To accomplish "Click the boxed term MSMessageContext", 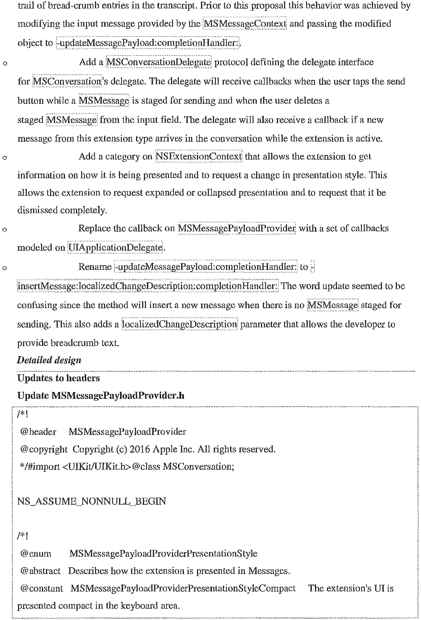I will pyautogui.click(x=245, y=24).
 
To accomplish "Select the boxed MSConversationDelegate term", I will pyautogui.click(x=159, y=62).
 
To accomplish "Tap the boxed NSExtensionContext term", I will pyautogui.click(x=199, y=156).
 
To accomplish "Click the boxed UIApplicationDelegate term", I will pyautogui.click(x=115, y=248).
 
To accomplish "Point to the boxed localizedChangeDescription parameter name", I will pyautogui.click(x=180, y=324).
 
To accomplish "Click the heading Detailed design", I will pyautogui.click(x=49, y=360).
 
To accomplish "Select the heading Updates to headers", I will pyautogui.click(x=58, y=378).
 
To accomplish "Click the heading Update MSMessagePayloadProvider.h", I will pyautogui.click(x=101, y=395).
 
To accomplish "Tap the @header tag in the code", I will pyautogui.click(x=38, y=432).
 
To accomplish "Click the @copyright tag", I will pyautogui.click(x=44, y=449).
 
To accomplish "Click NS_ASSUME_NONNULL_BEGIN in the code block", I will pyautogui.click(x=91, y=501).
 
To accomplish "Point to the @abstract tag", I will pyautogui.click(x=41, y=571).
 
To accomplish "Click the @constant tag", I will pyautogui.click(x=42, y=588).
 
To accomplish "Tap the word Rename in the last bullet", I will pyautogui.click(x=95, y=267).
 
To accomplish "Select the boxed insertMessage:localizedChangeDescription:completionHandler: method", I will pyautogui.click(x=148, y=286).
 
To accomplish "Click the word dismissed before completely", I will pyautogui.click(x=37, y=210).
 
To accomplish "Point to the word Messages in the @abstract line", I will pyautogui.click(x=268, y=571).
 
